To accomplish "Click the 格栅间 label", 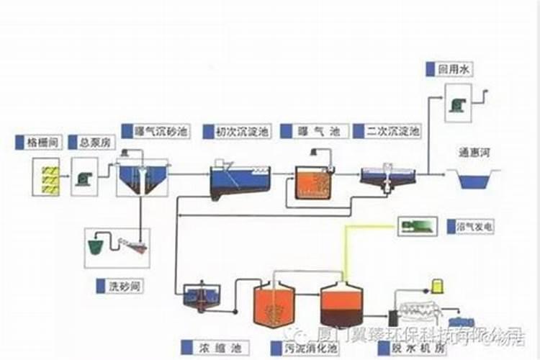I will [x=40, y=143].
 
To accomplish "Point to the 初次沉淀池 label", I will [x=235, y=131].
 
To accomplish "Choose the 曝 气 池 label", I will [x=318, y=131].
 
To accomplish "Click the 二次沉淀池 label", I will [x=392, y=131].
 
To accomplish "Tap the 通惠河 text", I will [x=474, y=153].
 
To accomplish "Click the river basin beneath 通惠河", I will [x=474, y=179].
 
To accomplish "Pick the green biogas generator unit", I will [x=418, y=227].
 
